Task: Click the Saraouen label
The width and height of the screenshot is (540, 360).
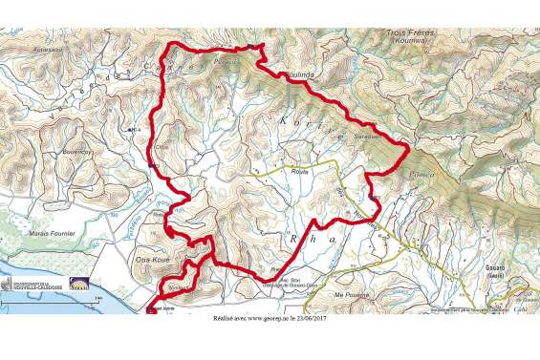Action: [368, 137]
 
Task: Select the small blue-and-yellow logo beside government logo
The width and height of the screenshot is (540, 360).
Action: [80, 285]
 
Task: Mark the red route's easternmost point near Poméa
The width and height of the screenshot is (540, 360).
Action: [410, 149]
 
